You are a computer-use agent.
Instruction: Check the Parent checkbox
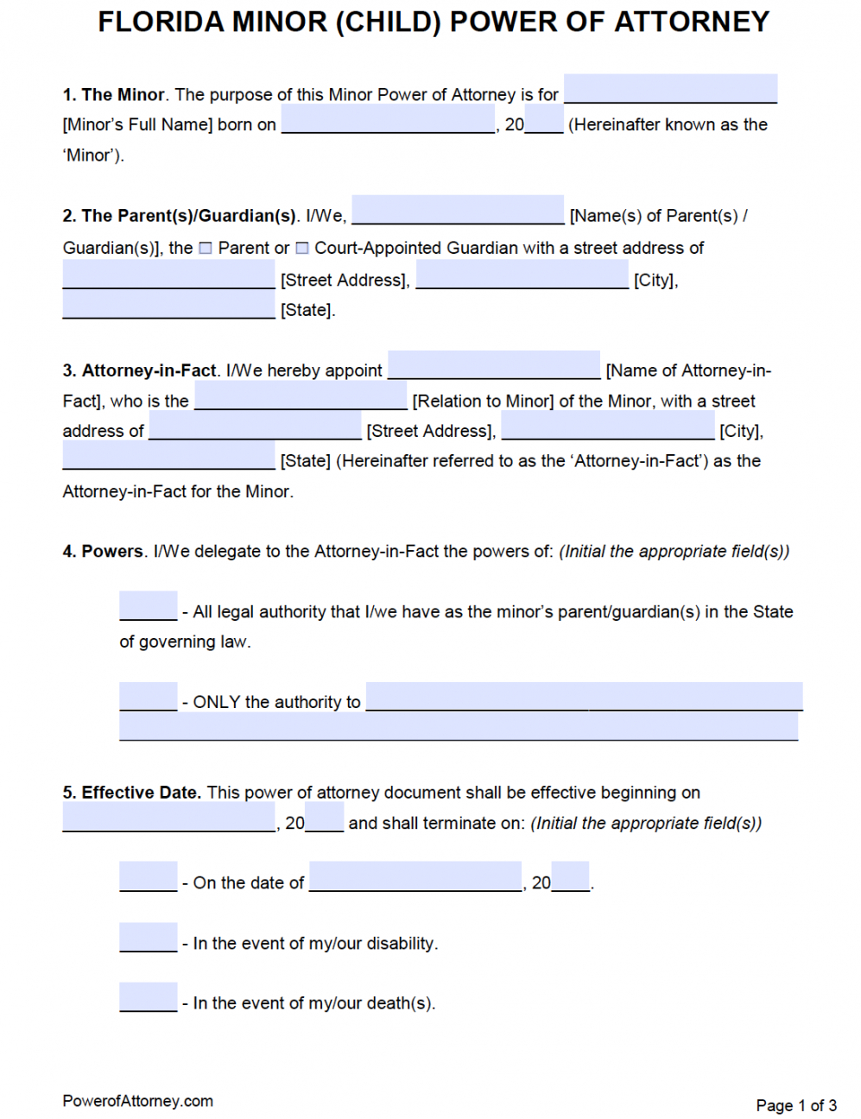[206, 249]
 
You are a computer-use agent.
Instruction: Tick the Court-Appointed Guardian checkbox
[302, 249]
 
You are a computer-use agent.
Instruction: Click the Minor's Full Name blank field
[670, 89]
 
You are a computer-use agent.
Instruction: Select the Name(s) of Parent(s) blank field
[458, 210]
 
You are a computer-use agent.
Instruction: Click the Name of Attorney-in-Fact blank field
[494, 365]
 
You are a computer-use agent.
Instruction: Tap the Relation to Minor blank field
[301, 395]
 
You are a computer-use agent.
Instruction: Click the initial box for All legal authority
[148, 606]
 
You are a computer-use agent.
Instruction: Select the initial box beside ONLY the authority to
[148, 697]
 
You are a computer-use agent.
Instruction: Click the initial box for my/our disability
[148, 938]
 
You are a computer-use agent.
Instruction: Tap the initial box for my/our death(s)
[148, 997]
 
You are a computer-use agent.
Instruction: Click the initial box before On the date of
[148, 877]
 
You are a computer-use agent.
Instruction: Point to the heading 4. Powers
[103, 552]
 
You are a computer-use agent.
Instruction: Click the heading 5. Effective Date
[131, 793]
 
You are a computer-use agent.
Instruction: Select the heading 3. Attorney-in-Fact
[139, 371]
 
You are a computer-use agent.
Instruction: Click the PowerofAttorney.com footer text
[137, 1102]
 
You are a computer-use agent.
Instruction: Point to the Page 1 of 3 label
[795, 1106]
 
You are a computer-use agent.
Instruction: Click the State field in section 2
[168, 305]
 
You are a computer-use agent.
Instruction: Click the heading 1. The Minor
[113, 95]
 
